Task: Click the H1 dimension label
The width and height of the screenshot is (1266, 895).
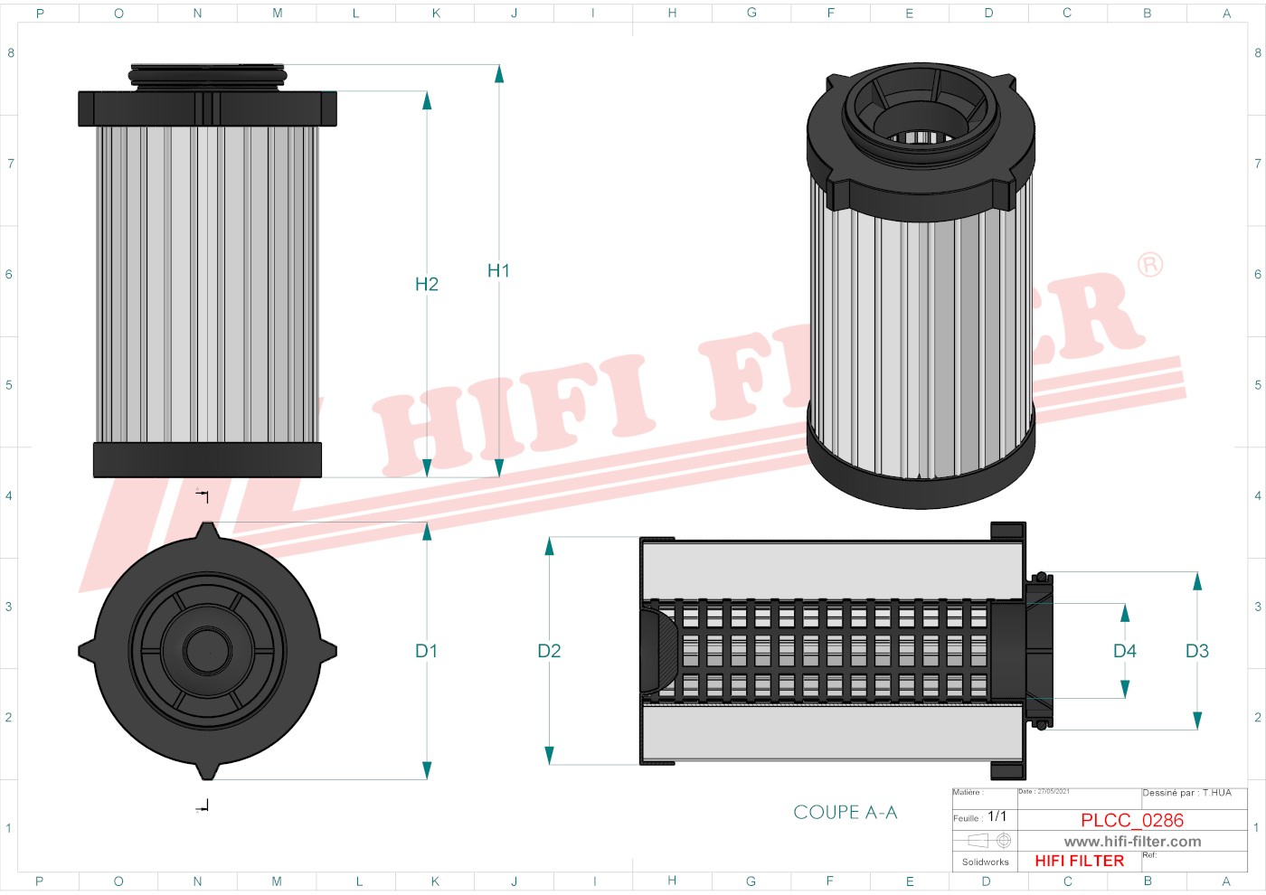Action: pos(498,270)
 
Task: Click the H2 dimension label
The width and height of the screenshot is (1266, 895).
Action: pos(426,284)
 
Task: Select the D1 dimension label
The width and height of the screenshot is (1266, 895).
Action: pos(426,651)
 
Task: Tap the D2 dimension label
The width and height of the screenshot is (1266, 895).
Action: pos(549,651)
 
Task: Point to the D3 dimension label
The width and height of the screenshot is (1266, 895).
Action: pos(1196,651)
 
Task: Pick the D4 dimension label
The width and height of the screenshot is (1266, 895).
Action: pos(1124,651)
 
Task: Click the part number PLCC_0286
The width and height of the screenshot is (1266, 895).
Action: pos(1131,820)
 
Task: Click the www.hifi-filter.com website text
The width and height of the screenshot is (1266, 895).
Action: pos(1132,842)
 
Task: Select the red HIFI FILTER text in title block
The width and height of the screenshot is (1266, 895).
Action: pos(1079,861)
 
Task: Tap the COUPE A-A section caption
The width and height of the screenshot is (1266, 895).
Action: pos(845,812)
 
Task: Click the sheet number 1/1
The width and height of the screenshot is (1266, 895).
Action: pos(997,816)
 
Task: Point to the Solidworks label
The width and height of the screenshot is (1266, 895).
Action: pos(985,862)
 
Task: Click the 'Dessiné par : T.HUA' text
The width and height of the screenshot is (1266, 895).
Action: pos(1186,793)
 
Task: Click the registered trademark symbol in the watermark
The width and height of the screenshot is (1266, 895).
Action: pos(1149,265)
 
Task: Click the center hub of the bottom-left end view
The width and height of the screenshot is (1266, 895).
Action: pos(208,650)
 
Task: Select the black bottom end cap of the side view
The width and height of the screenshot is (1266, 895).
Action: pos(207,459)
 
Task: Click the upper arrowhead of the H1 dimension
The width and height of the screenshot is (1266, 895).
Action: pos(498,74)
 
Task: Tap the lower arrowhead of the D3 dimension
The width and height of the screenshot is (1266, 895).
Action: pos(1196,720)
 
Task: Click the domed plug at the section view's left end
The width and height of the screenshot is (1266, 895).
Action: pos(658,650)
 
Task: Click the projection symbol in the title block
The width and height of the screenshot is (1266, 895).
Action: pos(986,841)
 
